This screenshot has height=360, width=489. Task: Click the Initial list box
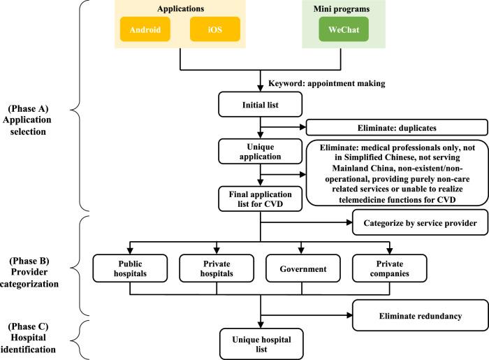click(260, 105)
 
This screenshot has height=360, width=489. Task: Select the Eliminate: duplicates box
click(395, 128)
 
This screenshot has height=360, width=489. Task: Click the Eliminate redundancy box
click(419, 315)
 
